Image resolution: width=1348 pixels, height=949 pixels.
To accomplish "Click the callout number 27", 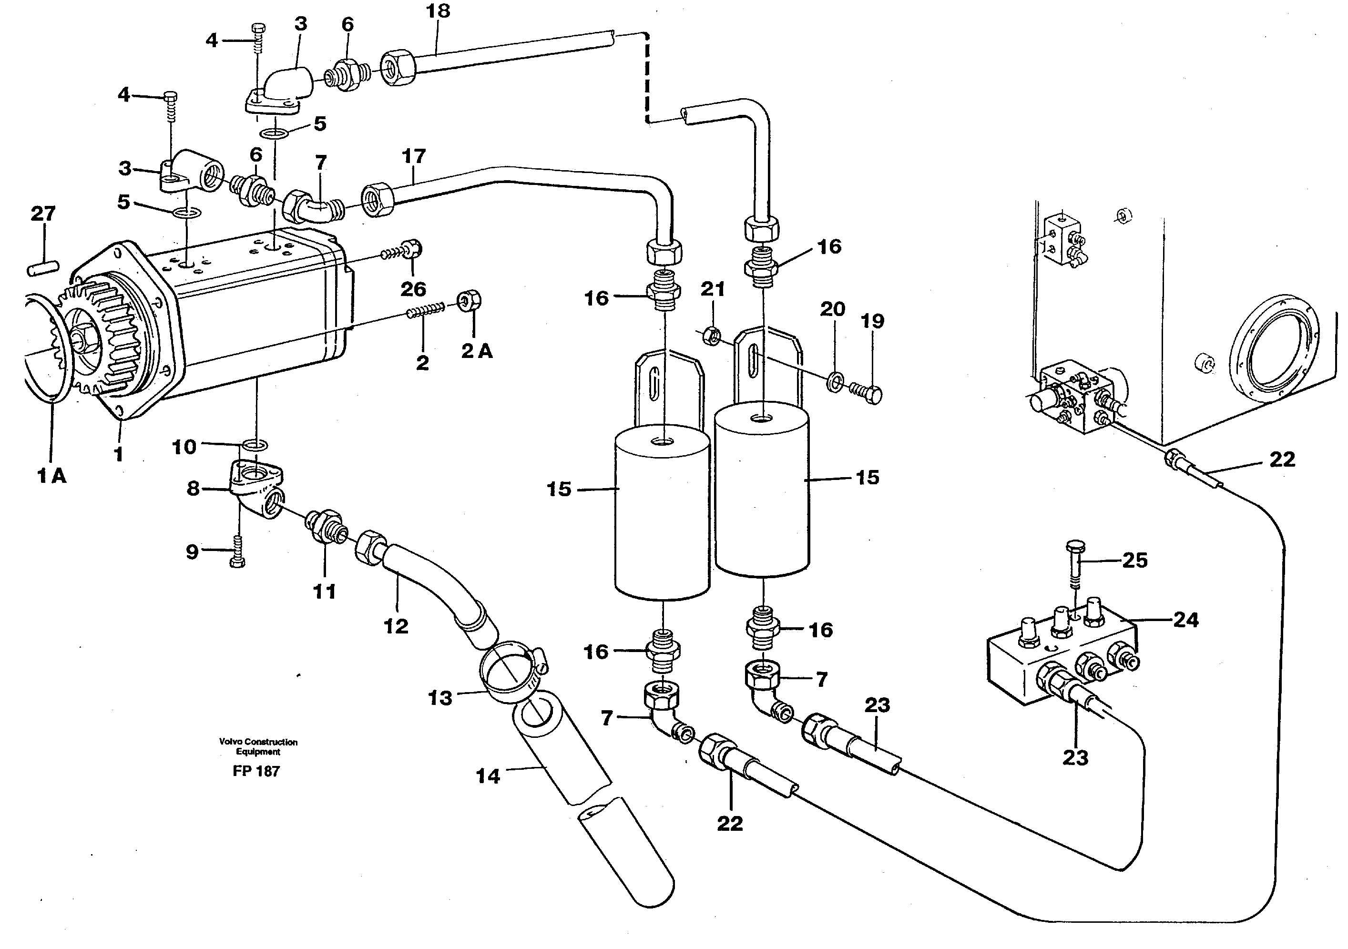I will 43,213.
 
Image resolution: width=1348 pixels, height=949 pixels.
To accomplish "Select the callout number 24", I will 1185,620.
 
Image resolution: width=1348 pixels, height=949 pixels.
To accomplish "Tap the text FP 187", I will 256,771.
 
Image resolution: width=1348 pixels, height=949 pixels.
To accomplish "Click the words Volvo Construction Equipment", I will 258,746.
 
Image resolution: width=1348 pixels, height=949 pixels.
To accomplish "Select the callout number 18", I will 438,11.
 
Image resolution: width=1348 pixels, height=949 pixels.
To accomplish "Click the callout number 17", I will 413,156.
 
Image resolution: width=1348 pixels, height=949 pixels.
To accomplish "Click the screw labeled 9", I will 238,551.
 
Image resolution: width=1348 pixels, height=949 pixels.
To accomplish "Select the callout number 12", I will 396,626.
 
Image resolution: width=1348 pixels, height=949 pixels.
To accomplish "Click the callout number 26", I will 413,289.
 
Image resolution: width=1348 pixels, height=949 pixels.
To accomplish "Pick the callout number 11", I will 324,592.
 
